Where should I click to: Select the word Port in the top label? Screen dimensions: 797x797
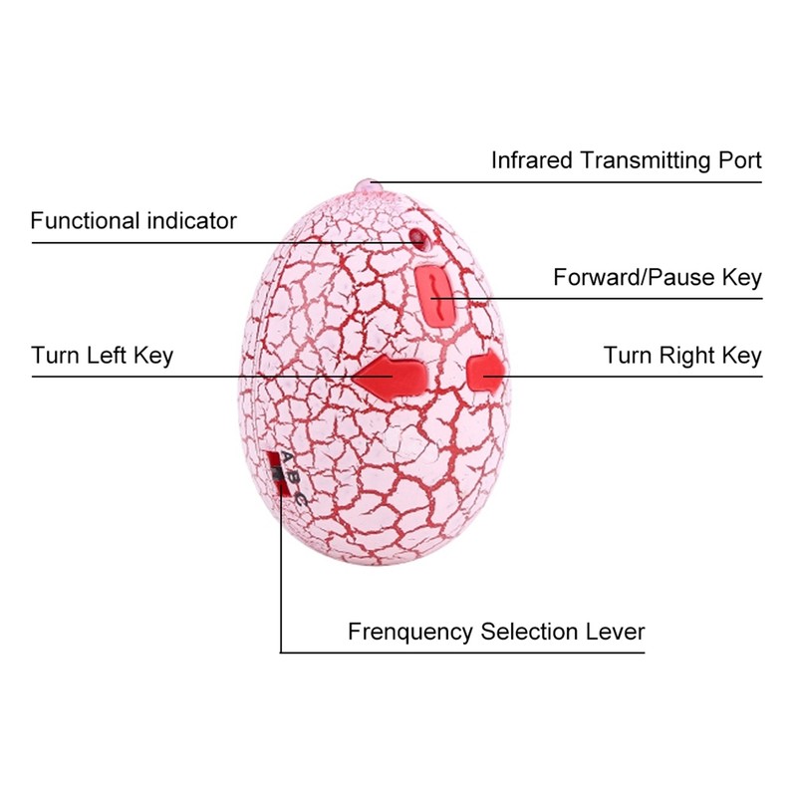pos(738,160)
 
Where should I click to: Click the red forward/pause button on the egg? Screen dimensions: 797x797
pos(436,293)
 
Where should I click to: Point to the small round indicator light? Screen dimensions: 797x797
pos(417,240)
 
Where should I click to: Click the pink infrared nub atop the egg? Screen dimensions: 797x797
pos(367,186)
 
